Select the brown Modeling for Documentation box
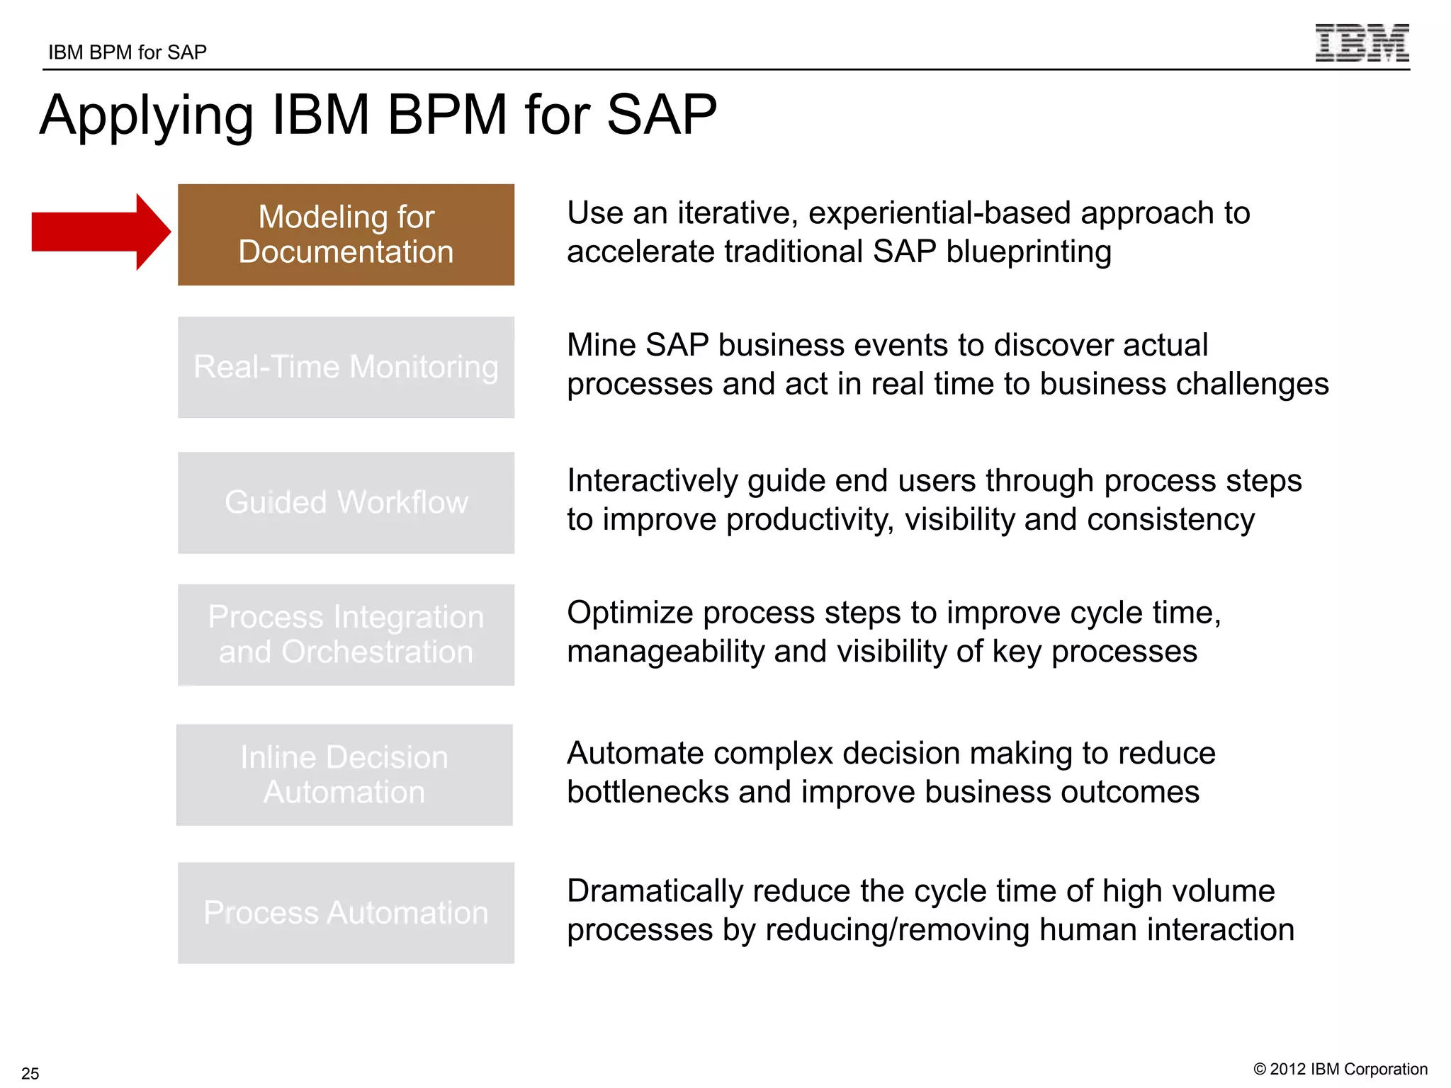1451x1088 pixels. pyautogui.click(x=346, y=234)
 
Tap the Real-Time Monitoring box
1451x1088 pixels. pyautogui.click(x=346, y=367)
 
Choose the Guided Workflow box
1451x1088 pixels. pyautogui.click(x=346, y=502)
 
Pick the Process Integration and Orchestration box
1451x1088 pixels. pyautogui.click(x=346, y=635)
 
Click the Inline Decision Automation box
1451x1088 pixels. pyautogui.click(x=344, y=774)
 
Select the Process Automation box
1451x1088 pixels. pyautogui.click(x=346, y=912)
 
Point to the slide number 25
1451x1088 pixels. pyautogui.click(x=30, y=1073)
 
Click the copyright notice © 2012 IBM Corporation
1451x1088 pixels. pyautogui.click(x=1340, y=1069)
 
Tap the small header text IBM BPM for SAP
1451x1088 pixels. pyautogui.click(x=128, y=52)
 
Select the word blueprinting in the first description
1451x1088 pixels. pyautogui.click(x=1028, y=252)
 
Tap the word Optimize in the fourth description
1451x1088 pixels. pyautogui.click(x=629, y=613)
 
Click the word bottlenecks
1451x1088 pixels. pyautogui.click(x=648, y=792)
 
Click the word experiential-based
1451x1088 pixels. pyautogui.click(x=939, y=213)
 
